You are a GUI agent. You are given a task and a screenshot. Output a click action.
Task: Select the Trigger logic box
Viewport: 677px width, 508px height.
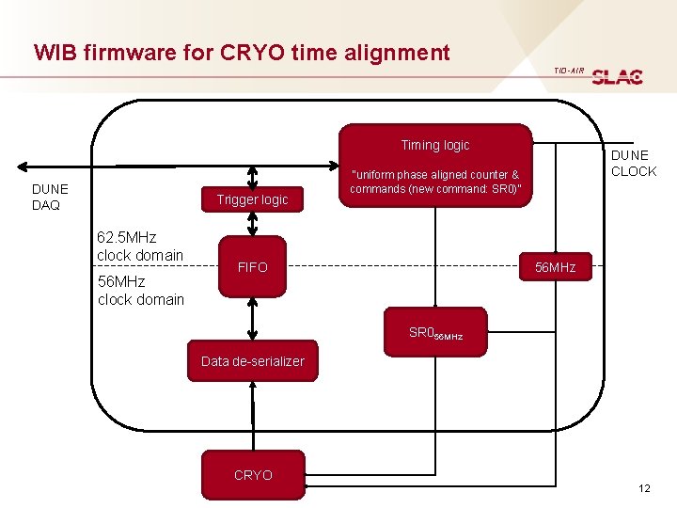tap(252, 199)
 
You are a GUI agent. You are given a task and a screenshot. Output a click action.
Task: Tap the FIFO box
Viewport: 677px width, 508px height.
tap(252, 267)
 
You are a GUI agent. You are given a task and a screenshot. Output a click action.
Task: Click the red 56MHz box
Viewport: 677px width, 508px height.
tap(555, 267)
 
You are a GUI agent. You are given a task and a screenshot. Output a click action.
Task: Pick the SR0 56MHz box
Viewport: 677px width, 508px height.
tap(435, 333)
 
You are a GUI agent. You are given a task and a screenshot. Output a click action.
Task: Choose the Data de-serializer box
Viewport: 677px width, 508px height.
tap(252, 361)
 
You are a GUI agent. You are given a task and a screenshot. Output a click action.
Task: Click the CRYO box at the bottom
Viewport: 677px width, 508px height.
tap(252, 475)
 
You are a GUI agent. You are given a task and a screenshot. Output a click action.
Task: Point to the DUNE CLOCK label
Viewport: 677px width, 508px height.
tap(633, 163)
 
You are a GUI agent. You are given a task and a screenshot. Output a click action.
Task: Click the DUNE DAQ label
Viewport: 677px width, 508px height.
tap(50, 197)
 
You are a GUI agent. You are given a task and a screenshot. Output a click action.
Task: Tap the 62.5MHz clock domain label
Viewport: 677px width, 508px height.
tap(140, 246)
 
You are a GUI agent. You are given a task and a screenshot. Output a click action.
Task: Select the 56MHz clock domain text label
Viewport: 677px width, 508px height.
tap(140, 291)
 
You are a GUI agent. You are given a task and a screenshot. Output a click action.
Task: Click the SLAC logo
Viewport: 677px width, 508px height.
tap(618, 76)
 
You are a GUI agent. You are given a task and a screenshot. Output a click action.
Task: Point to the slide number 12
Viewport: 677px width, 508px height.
tap(644, 487)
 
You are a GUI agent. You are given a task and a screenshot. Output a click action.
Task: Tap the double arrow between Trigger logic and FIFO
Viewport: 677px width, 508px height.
tap(252, 223)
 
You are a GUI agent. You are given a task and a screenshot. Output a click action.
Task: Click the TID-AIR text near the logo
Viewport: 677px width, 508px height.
tap(568, 71)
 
